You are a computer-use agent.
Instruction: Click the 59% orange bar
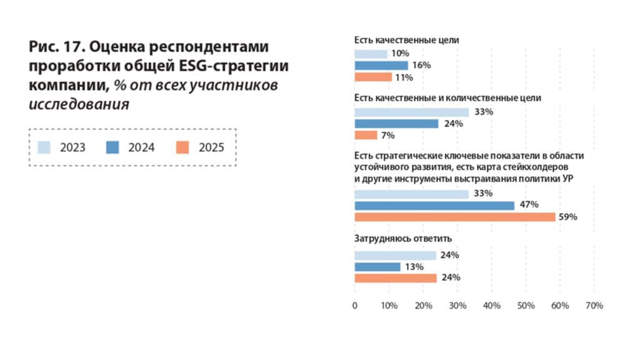(x=454, y=217)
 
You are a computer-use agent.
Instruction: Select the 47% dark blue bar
(x=434, y=206)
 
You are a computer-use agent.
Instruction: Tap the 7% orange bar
(x=366, y=135)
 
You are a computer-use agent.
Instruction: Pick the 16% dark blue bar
(x=381, y=65)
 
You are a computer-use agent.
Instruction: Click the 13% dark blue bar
(x=377, y=267)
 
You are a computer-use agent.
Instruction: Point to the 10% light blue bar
(x=371, y=54)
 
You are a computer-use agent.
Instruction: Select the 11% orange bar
(x=372, y=77)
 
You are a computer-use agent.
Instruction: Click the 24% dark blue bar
(x=396, y=124)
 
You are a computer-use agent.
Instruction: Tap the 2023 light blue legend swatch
(x=44, y=147)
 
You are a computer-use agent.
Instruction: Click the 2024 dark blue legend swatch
(x=114, y=147)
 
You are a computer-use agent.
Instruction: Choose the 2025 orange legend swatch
(x=182, y=147)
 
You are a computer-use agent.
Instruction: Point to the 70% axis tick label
(x=594, y=306)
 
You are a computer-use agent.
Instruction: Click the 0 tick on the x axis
(x=355, y=306)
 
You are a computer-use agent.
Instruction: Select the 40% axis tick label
(x=491, y=306)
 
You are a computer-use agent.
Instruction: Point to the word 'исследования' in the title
(x=79, y=104)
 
